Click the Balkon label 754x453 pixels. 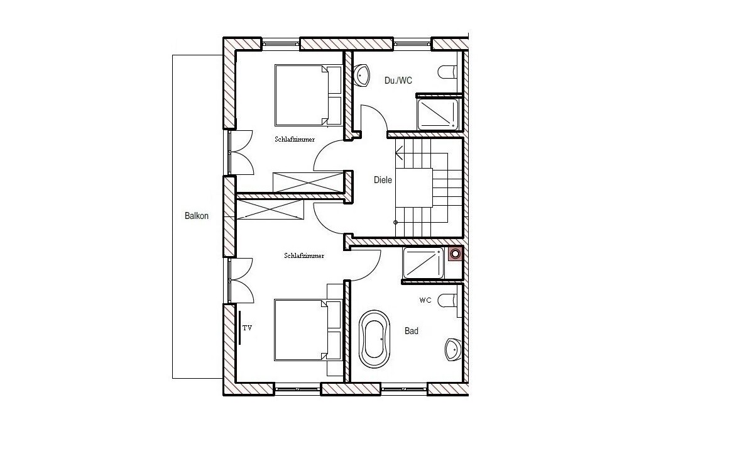pyautogui.click(x=197, y=216)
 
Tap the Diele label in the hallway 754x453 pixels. pyautogui.click(x=383, y=180)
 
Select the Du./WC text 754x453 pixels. pyautogui.click(x=398, y=81)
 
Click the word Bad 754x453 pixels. pyautogui.click(x=412, y=331)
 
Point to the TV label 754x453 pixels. pyautogui.click(x=247, y=328)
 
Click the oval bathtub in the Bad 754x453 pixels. pyautogui.click(x=374, y=338)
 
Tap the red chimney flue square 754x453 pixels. pyautogui.click(x=456, y=254)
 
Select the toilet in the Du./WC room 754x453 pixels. pyautogui.click(x=447, y=72)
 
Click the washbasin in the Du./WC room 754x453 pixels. pyautogui.click(x=361, y=75)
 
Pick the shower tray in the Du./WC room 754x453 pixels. pyautogui.click(x=438, y=114)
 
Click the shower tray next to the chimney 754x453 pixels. pyautogui.click(x=423, y=263)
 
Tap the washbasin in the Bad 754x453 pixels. pyautogui.click(x=454, y=350)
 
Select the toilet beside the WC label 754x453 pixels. pyautogui.click(x=447, y=300)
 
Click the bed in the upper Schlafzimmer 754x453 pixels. pyautogui.click(x=309, y=96)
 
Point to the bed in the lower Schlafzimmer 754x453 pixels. pyautogui.click(x=308, y=330)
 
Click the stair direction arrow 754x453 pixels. pyautogui.click(x=400, y=153)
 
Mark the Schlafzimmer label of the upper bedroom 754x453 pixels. pyautogui.click(x=295, y=139)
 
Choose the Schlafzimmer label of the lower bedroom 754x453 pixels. pyautogui.click(x=304, y=255)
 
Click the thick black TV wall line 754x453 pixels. pyautogui.click(x=239, y=328)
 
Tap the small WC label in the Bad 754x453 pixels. pyautogui.click(x=425, y=300)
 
